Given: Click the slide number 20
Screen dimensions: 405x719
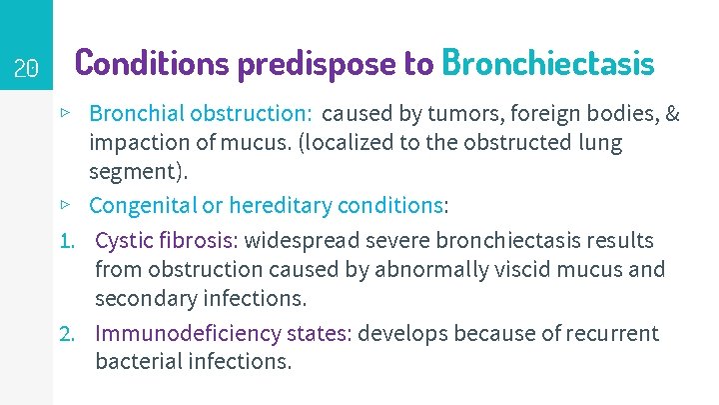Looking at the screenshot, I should coord(26,69).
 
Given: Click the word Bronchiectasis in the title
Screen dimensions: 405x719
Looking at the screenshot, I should coord(548,63).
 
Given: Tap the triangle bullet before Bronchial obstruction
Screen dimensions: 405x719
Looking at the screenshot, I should coord(65,113).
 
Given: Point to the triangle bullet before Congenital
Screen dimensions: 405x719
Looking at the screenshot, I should coord(65,204).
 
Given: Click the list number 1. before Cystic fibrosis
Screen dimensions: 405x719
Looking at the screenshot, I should coord(68,241).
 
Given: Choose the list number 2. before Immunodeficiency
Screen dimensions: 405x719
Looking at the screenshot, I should coord(68,333).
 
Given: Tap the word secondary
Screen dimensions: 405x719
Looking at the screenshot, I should coord(142,299).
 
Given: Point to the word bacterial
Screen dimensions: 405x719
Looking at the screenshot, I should coord(138,360).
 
